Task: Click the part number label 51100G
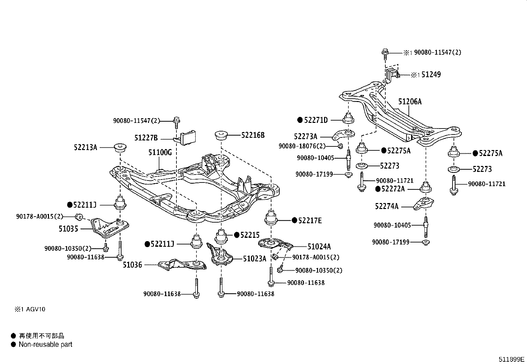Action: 160,152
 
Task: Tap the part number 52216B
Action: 253,135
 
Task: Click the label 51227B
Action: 146,137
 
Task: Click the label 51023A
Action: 255,259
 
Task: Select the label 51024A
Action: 319,246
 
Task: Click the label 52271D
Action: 316,120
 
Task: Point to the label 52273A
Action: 305,136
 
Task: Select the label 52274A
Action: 387,206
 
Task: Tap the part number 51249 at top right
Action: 431,75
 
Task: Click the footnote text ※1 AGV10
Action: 29,309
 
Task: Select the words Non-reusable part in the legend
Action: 45,344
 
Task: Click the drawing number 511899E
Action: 512,359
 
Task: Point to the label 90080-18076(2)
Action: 302,146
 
